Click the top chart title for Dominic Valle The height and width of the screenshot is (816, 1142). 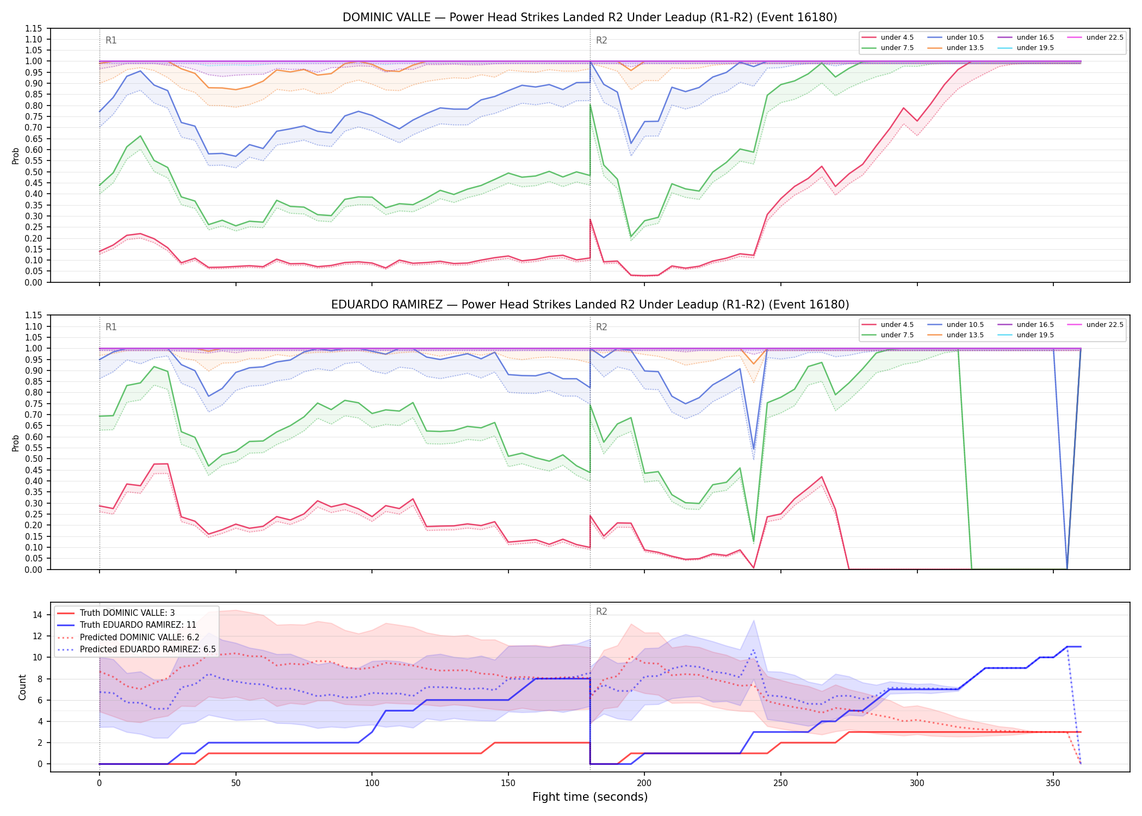pyautogui.click(x=589, y=17)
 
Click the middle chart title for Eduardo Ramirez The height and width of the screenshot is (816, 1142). pyautogui.click(x=589, y=305)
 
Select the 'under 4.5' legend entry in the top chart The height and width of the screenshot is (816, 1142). pyautogui.click(x=888, y=38)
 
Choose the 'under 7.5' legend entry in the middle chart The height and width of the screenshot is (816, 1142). pyautogui.click(x=888, y=335)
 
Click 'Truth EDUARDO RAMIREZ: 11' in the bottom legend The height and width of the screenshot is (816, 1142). pyautogui.click(x=127, y=625)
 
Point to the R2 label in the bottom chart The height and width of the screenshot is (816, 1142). pyautogui.click(x=601, y=611)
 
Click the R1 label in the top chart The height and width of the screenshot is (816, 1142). pyautogui.click(x=111, y=40)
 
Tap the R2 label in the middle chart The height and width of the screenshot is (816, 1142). pyautogui.click(x=601, y=327)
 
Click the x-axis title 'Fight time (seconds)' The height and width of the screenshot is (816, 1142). pyautogui.click(x=590, y=797)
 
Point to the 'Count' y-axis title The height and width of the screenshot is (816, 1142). pyautogui.click(x=22, y=687)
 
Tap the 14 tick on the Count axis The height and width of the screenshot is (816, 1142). pyautogui.click(x=38, y=615)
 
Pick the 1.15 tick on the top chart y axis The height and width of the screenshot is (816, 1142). pyautogui.click(x=34, y=28)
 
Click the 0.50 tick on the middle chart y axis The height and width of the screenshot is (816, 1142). pyautogui.click(x=34, y=459)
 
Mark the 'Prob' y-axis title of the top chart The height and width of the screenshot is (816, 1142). pyautogui.click(x=16, y=156)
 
